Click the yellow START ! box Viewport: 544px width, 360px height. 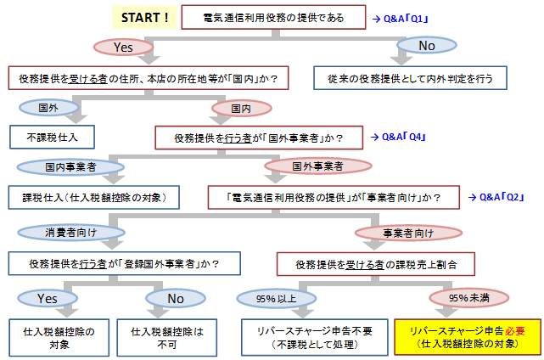click(x=144, y=17)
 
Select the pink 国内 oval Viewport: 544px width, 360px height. click(x=242, y=108)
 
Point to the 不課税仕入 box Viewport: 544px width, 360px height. click(x=50, y=136)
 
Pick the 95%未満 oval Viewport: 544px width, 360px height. click(x=471, y=298)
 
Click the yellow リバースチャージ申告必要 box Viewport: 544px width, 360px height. click(x=467, y=337)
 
